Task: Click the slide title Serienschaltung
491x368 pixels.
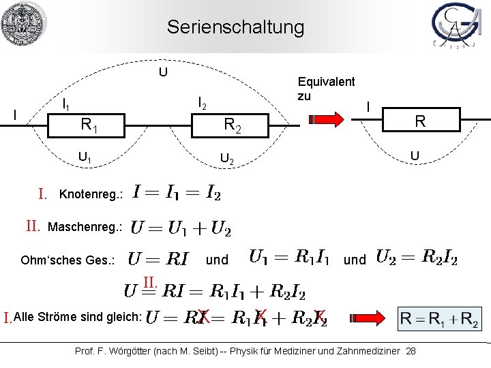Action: (x=235, y=27)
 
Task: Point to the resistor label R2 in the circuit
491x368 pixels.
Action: (x=233, y=125)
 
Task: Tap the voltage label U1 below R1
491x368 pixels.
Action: (x=86, y=159)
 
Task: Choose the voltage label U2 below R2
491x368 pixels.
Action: (x=226, y=160)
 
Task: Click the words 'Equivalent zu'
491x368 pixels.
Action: (x=326, y=88)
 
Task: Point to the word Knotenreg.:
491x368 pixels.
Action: (x=91, y=194)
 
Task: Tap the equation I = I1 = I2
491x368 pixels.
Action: (x=177, y=193)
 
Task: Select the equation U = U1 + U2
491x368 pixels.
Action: (x=180, y=226)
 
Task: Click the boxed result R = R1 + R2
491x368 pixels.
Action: (x=439, y=318)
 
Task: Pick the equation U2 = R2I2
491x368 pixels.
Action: (x=417, y=258)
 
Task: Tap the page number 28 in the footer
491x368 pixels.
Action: (x=411, y=350)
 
